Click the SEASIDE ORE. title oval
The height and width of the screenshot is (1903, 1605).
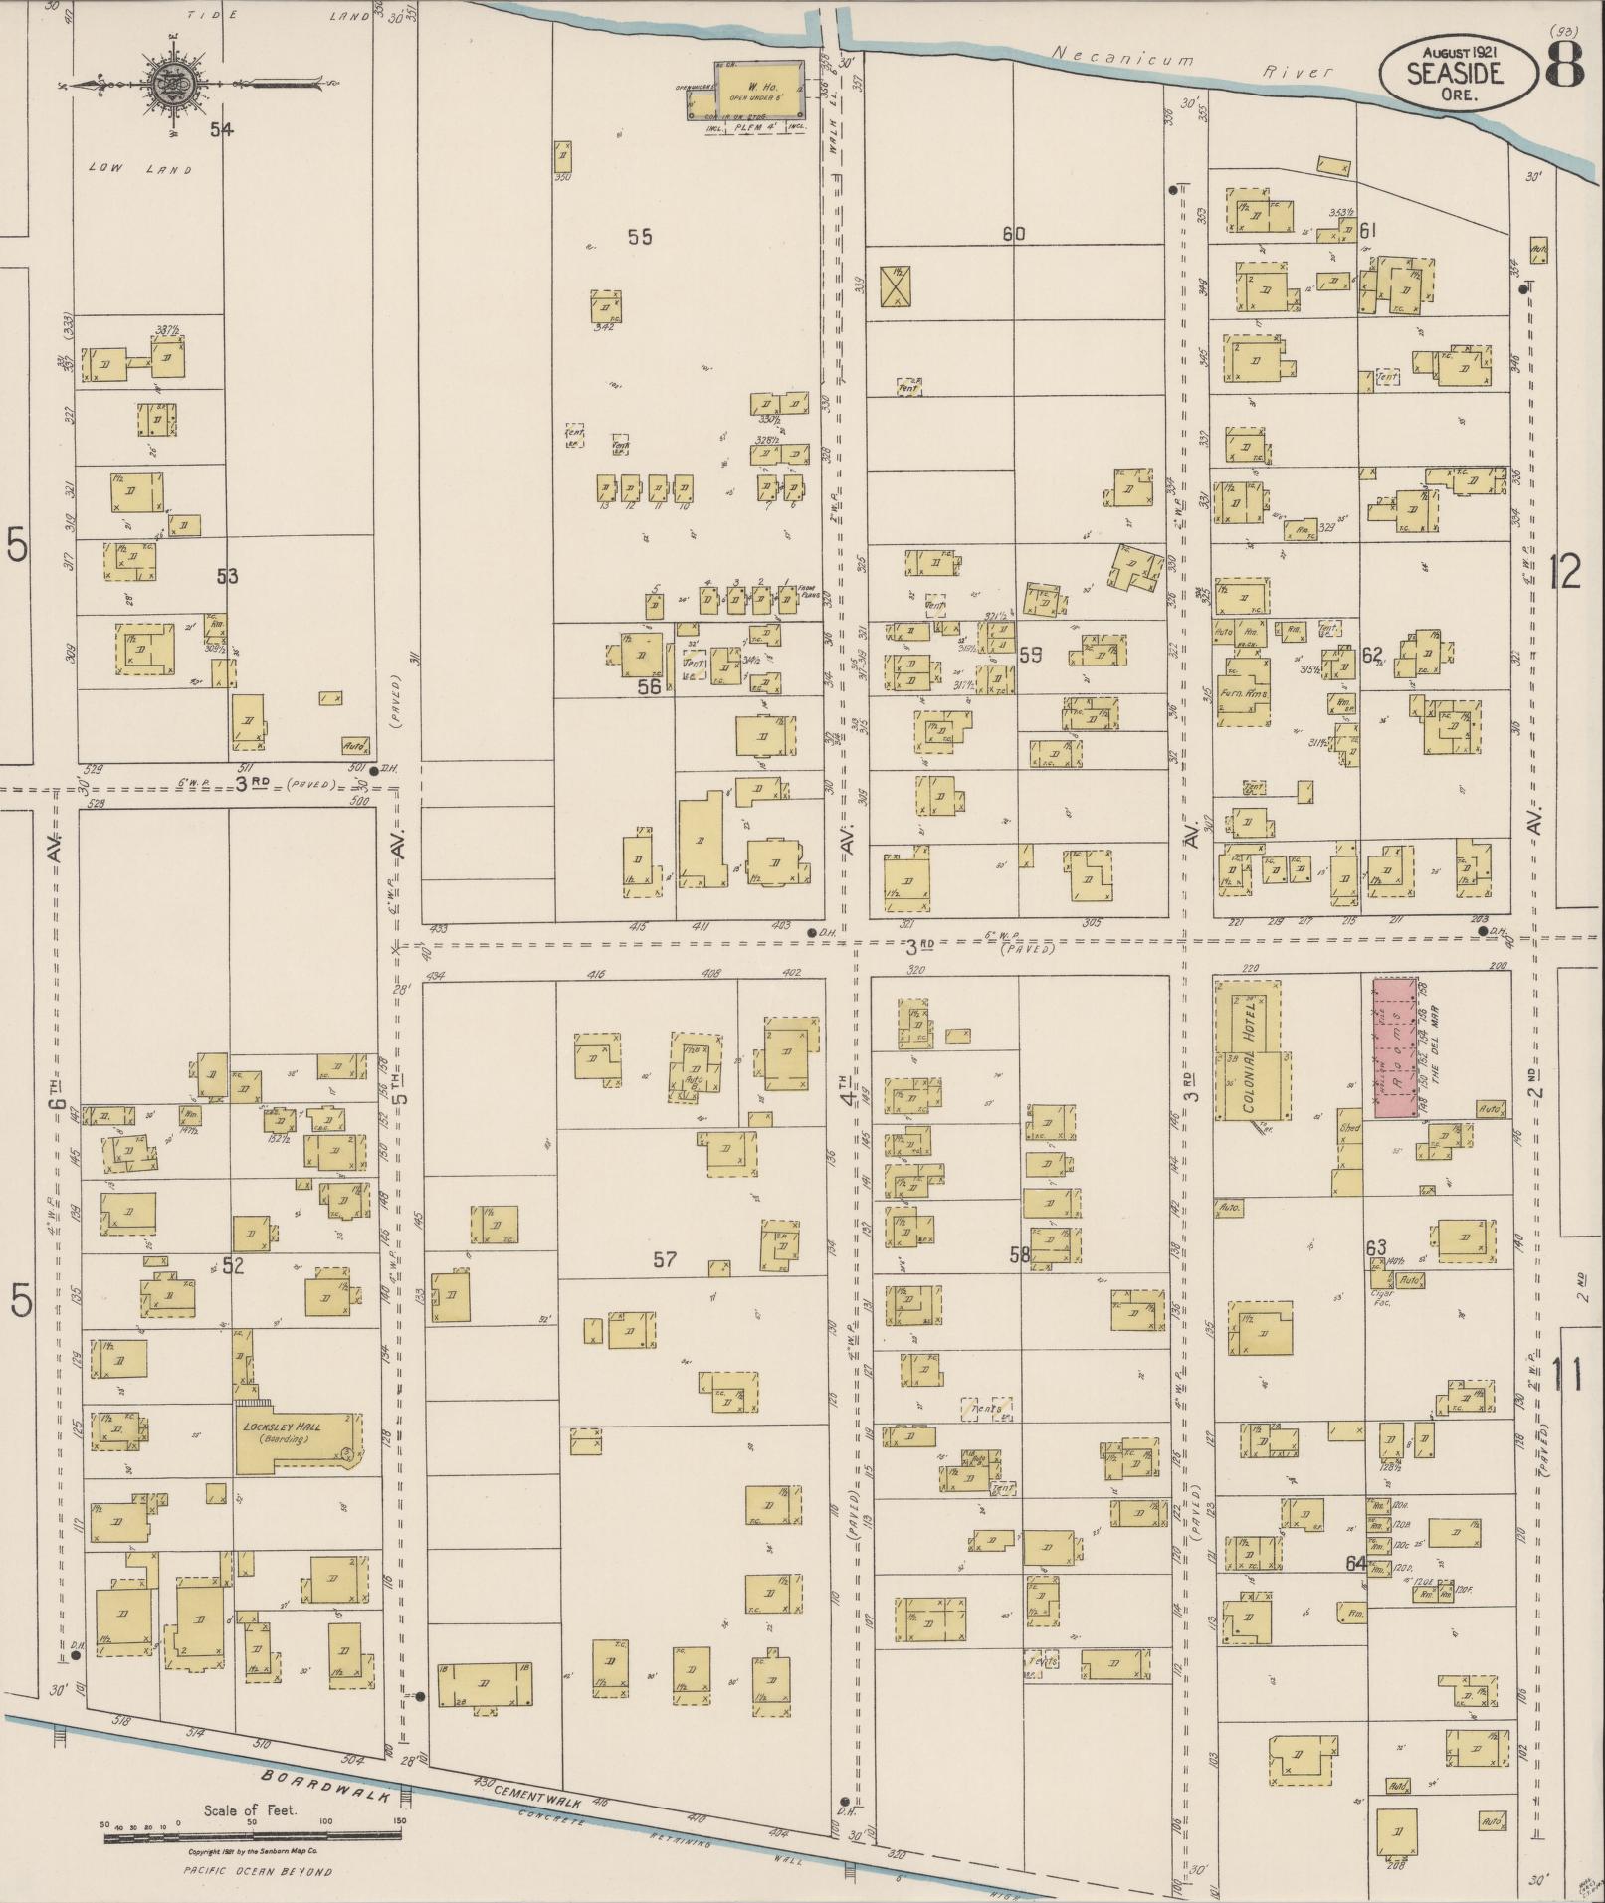pos(1456,74)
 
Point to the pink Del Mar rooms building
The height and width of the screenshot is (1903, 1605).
pos(1396,1047)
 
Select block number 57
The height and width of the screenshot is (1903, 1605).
pos(665,1260)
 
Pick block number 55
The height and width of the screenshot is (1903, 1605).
pos(640,237)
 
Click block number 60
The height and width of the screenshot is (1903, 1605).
pos(1013,235)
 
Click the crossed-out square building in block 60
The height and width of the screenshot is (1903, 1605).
pos(899,286)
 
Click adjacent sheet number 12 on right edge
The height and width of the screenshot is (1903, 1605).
pos(1566,572)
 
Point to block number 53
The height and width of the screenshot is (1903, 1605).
pos(227,576)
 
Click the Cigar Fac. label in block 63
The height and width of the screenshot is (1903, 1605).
pos(1380,1297)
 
